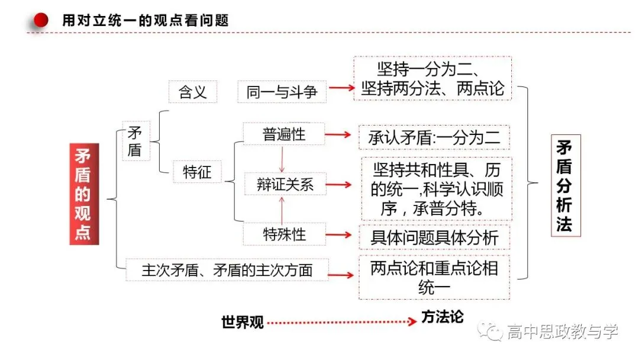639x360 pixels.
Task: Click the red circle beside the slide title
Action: pyautogui.click(x=41, y=20)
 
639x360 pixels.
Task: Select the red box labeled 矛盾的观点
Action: pyautogui.click(x=84, y=194)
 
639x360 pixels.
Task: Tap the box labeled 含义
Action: pyautogui.click(x=193, y=92)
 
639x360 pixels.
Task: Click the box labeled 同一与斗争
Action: pyautogui.click(x=282, y=92)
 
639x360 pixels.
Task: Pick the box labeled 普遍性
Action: pyautogui.click(x=283, y=134)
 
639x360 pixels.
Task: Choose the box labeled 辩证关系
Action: pyautogui.click(x=285, y=184)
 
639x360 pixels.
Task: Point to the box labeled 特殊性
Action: pyautogui.click(x=285, y=234)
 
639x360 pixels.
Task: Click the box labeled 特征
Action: pyautogui.click(x=197, y=172)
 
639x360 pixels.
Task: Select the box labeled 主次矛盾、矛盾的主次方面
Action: pyautogui.click(x=227, y=270)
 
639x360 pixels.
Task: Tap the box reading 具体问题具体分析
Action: pyautogui.click(x=434, y=237)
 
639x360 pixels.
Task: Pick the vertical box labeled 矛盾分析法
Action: pyautogui.click(x=566, y=185)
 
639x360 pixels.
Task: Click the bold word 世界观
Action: pyautogui.click(x=243, y=322)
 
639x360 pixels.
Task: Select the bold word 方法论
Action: pyautogui.click(x=442, y=317)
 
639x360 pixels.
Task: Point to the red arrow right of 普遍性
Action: pyautogui.click(x=338, y=134)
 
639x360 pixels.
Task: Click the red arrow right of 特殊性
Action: pyautogui.click(x=338, y=234)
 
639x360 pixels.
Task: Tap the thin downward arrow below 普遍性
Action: pyautogui.click(x=282, y=159)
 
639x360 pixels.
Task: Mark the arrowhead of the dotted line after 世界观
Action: pyautogui.click(x=412, y=322)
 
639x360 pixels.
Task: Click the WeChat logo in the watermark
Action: pyautogui.click(x=490, y=330)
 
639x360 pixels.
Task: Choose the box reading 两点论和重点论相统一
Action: pyautogui.click(x=434, y=278)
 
